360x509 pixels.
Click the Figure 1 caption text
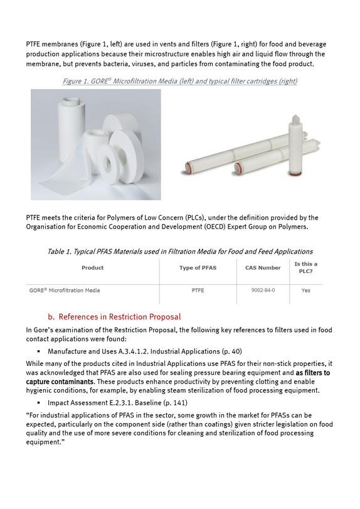coord(179,81)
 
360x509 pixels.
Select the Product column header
coord(92,268)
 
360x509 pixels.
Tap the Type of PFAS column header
coord(198,268)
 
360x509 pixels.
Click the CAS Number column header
coord(263,268)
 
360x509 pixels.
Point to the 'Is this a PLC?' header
coord(306,268)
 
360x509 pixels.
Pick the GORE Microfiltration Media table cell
coord(65,291)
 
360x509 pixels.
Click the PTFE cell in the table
coord(198,291)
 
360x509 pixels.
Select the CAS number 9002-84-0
coord(263,290)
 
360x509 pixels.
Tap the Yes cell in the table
coord(306,291)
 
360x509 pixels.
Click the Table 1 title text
coord(180,252)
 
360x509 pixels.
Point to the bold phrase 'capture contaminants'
coord(60,382)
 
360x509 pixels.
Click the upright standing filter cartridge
coord(296,146)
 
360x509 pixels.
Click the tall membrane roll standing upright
coord(71,130)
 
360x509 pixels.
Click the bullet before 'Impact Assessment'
coord(39,403)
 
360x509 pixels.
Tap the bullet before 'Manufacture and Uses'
coord(39,351)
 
